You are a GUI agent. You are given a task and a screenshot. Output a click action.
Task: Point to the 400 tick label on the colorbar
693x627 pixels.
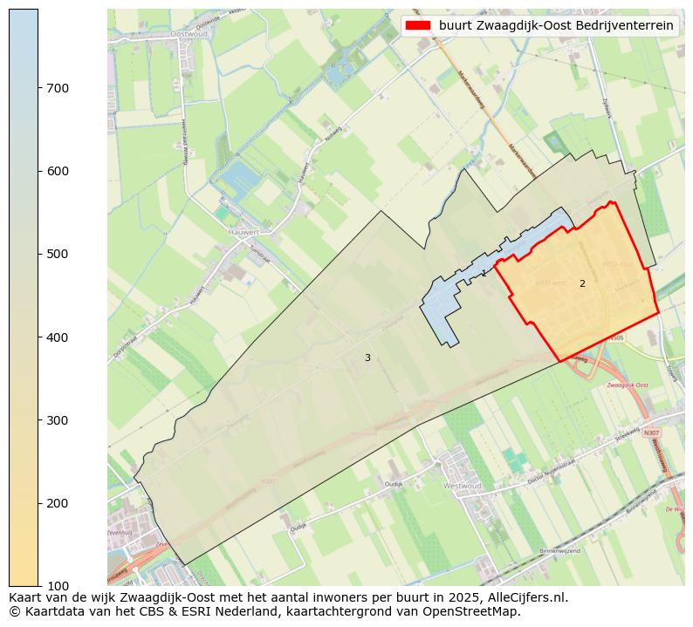pyautogui.click(x=58, y=337)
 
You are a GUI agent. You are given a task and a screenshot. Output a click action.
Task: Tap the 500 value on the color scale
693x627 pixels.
pyautogui.click(x=58, y=254)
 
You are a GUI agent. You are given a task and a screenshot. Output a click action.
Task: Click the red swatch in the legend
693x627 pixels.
pyautogui.click(x=419, y=25)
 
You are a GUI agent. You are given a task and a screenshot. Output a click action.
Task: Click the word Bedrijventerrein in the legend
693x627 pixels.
pyautogui.click(x=625, y=25)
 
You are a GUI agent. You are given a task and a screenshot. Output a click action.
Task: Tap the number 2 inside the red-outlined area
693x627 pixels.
pyautogui.click(x=582, y=283)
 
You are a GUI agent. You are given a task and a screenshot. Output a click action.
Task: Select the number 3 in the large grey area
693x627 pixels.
pyautogui.click(x=367, y=358)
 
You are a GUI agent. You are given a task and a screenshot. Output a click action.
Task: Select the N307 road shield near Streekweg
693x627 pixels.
pyautogui.click(x=651, y=433)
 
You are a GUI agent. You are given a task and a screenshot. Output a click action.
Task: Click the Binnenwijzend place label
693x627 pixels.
pyautogui.click(x=559, y=551)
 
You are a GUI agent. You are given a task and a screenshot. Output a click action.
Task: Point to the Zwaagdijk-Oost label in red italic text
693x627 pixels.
pyautogui.click(x=626, y=385)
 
